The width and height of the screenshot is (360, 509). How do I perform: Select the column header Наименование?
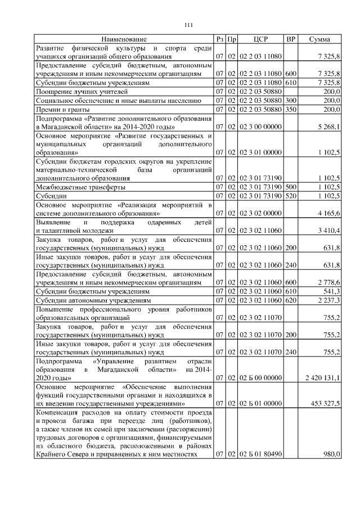tap(124, 39)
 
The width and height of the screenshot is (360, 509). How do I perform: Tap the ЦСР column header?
tap(260, 39)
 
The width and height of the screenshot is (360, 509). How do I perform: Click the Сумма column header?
tap(319, 39)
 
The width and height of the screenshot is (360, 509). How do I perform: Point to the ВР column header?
tap(291, 39)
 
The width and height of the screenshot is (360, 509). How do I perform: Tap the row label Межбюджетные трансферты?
tap(80, 186)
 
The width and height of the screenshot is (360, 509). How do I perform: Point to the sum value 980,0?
tap(331, 455)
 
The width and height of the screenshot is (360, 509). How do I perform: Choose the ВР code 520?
tap(291, 195)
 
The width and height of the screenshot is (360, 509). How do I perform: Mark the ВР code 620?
tap(291, 301)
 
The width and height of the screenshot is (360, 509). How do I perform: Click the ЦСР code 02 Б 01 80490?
tap(261, 455)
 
